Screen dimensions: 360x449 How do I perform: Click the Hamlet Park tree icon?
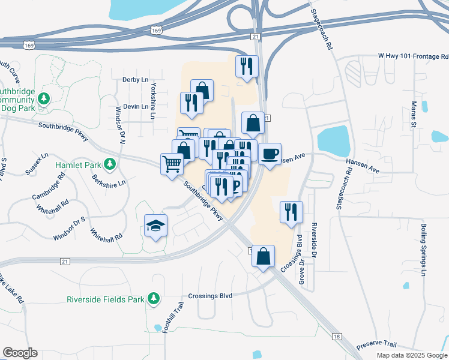pos(109,163)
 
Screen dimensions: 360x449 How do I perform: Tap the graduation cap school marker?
pos(156,226)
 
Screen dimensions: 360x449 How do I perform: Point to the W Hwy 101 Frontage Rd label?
pos(413,56)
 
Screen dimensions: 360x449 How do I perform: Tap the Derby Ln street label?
pos(135,79)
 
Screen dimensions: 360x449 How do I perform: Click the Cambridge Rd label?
pos(49,187)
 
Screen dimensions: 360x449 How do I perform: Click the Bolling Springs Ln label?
pos(423,249)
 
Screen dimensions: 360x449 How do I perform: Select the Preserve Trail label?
pos(376,346)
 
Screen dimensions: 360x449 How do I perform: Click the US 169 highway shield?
pos(155,29)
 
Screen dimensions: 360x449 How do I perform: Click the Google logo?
pos(20,353)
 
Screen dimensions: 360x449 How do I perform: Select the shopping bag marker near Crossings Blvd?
pos(263,256)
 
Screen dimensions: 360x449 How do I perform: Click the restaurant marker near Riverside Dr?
pos(291,212)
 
